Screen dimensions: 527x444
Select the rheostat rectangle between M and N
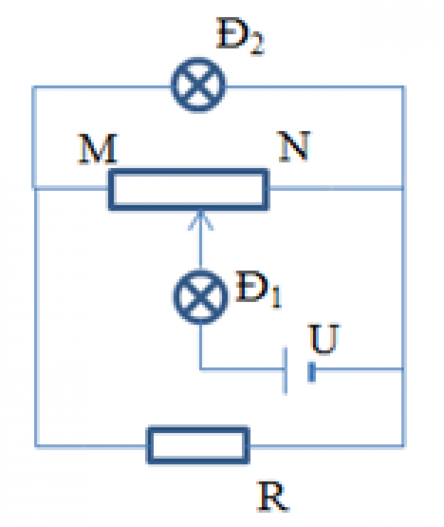pos(188,189)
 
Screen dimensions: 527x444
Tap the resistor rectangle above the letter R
pos(198,445)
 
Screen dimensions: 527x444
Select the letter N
pos(296,150)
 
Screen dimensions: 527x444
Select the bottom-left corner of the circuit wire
pos(35,446)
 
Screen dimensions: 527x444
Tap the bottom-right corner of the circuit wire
pos(403,446)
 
